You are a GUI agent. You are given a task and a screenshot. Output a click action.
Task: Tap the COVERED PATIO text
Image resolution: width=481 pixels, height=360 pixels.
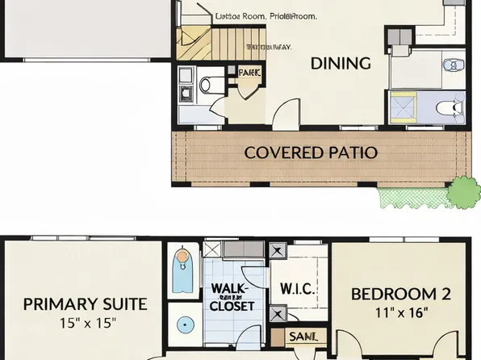(311, 152)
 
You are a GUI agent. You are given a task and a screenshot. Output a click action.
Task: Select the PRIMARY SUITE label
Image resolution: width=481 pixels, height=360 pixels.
(85, 303)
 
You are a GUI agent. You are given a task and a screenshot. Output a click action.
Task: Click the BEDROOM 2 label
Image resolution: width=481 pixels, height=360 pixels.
(401, 294)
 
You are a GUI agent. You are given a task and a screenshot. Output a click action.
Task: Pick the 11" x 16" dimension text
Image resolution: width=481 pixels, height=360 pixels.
(401, 312)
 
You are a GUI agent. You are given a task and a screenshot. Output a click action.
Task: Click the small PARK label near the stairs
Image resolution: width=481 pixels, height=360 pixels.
(249, 73)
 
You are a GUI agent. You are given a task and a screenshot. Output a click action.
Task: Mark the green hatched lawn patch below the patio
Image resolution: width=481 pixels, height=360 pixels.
(412, 195)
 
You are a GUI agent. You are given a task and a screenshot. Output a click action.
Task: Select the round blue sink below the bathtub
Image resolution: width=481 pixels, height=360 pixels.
(186, 325)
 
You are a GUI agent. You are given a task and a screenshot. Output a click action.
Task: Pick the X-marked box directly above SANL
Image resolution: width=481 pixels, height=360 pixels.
(278, 312)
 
